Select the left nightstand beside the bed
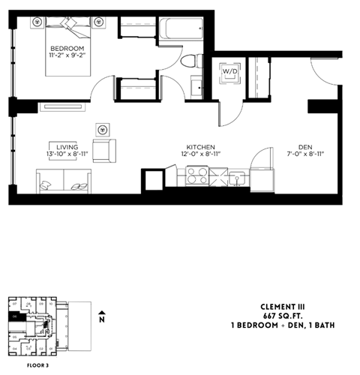tap(35, 22)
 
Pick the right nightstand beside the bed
tap(98, 22)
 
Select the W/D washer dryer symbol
tap(228, 73)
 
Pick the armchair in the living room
tap(104, 149)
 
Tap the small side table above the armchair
tap(103, 127)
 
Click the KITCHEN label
tap(202, 147)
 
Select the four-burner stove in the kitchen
tap(197, 177)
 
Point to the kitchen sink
tap(237, 178)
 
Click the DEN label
tap(304, 147)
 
